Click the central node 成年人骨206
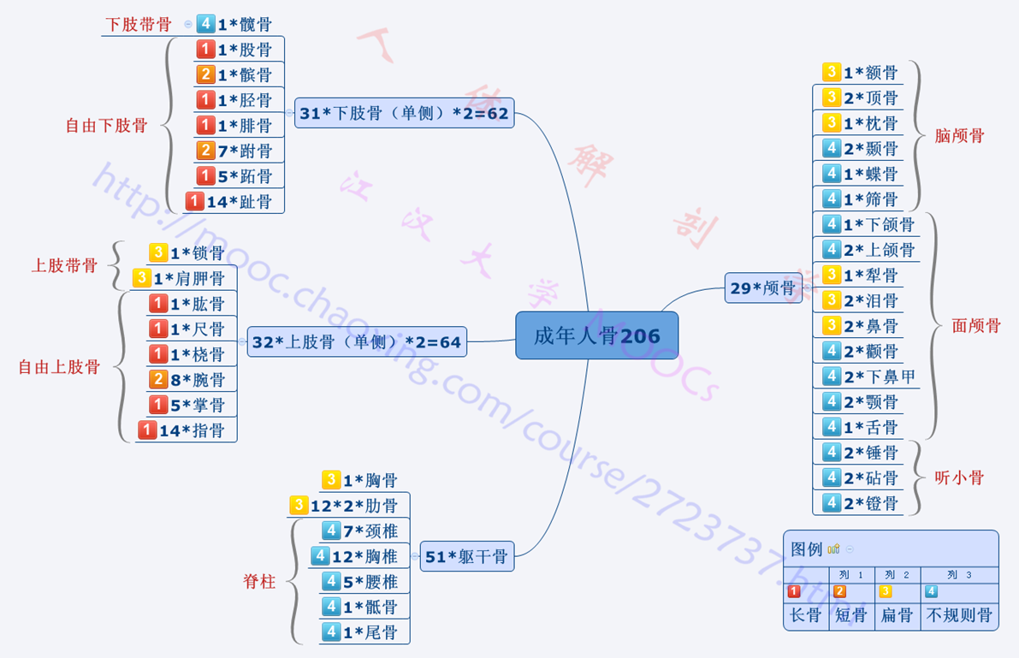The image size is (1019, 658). (x=596, y=335)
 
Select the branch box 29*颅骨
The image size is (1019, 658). (x=762, y=288)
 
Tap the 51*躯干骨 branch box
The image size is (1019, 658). (x=466, y=557)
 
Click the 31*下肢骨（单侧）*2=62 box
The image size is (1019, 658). (x=404, y=113)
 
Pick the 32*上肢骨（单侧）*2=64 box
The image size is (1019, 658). (x=357, y=342)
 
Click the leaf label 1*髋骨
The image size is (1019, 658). (x=245, y=25)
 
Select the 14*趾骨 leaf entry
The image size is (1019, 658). (x=239, y=202)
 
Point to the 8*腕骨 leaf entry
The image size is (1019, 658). (x=198, y=379)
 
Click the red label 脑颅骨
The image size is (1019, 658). (x=959, y=135)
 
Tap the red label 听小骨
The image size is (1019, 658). (x=959, y=477)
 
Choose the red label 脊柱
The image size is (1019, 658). (x=259, y=582)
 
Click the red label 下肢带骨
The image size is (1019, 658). (x=138, y=24)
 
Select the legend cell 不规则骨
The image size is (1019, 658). (x=959, y=615)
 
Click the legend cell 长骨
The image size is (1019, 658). (x=805, y=615)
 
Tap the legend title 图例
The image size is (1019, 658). (x=806, y=548)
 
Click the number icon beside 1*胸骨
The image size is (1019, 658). (x=331, y=480)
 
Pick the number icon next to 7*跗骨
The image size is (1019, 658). (x=205, y=151)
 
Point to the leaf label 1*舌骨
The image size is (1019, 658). (x=871, y=427)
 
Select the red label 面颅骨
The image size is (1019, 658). (x=976, y=325)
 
